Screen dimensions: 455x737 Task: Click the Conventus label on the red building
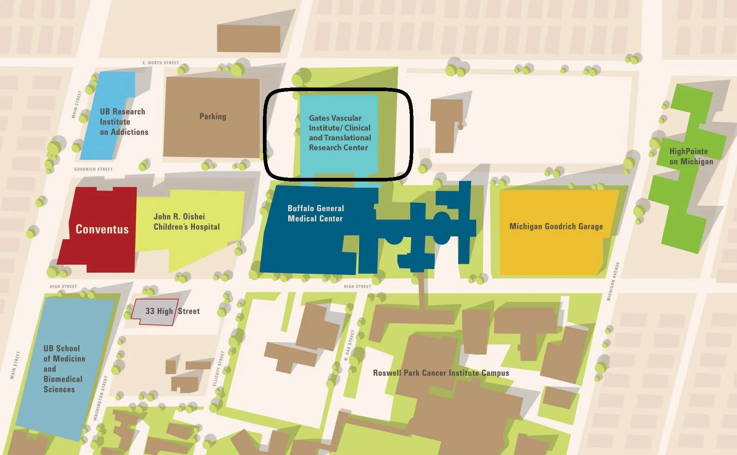(102, 229)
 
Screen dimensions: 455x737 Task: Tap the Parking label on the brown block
(213, 117)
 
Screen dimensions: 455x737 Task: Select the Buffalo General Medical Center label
(315, 213)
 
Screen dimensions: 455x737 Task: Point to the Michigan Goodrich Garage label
(556, 226)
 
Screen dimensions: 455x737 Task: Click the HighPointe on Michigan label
(691, 156)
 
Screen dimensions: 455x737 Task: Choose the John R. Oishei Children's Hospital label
(186, 222)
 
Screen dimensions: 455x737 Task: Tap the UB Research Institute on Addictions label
(123, 122)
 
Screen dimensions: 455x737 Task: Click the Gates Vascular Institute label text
(339, 133)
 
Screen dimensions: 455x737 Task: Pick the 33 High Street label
(172, 311)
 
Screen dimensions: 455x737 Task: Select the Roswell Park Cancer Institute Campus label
(441, 373)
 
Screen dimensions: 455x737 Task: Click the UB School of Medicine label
(64, 368)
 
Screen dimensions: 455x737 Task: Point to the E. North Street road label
(161, 63)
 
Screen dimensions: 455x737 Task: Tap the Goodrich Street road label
(93, 169)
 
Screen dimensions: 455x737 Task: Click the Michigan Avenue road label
(613, 282)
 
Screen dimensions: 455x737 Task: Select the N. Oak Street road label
(349, 346)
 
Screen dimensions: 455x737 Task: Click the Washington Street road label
(100, 398)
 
